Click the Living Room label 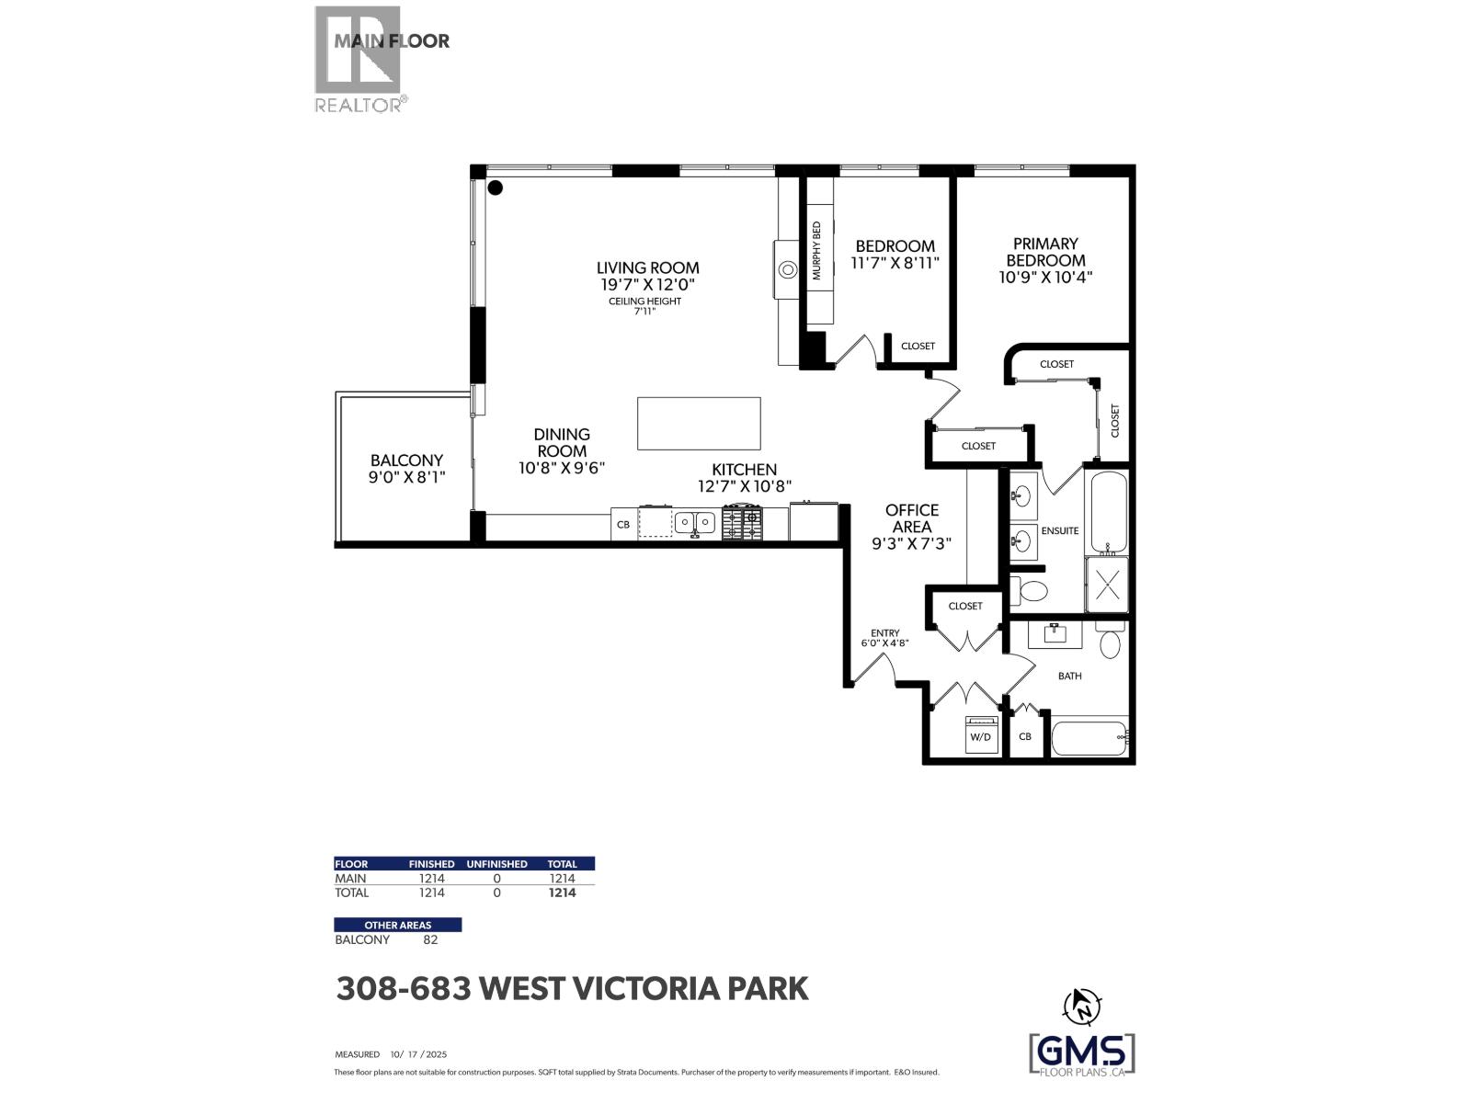[x=647, y=268]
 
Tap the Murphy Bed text [x=815, y=251]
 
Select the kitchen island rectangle [x=699, y=424]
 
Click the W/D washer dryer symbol [x=981, y=736]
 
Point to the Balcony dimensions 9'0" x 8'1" [x=406, y=477]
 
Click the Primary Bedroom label [x=1045, y=252]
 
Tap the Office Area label [x=912, y=518]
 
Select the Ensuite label [x=1059, y=531]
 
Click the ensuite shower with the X [x=1107, y=585]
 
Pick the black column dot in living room [x=496, y=188]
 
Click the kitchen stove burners [x=742, y=523]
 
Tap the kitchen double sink [x=694, y=523]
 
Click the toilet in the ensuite [x=1032, y=590]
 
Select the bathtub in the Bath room [x=1089, y=737]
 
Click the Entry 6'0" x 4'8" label [x=884, y=638]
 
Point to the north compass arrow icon [x=1081, y=1006]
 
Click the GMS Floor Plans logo [x=1081, y=1053]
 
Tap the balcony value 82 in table [x=430, y=940]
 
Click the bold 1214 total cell [x=562, y=893]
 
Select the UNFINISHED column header [x=496, y=864]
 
